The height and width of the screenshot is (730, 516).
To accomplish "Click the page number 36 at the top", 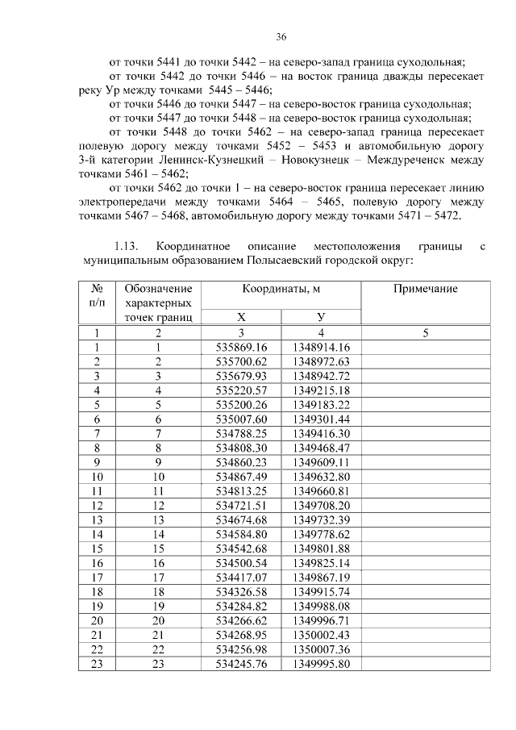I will (x=281, y=37).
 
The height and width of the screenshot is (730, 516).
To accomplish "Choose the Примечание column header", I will (x=425, y=289).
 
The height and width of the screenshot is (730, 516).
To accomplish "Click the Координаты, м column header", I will (x=281, y=289).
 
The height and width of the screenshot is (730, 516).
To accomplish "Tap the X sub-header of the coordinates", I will (x=240, y=318).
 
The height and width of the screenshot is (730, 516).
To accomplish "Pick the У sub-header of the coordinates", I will (x=321, y=318).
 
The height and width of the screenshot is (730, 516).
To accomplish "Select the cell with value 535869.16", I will (x=240, y=347).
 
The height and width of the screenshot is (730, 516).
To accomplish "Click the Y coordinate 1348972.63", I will (x=321, y=361).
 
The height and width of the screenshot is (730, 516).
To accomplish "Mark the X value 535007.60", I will (x=240, y=419).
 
